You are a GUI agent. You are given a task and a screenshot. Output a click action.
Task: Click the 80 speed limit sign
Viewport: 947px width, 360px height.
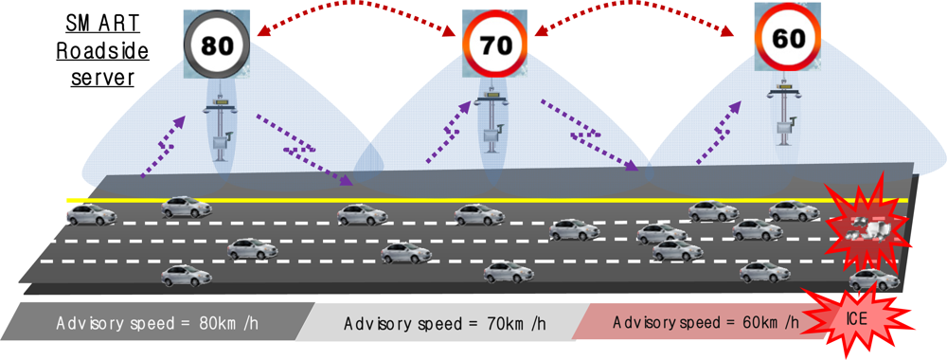tap(217, 43)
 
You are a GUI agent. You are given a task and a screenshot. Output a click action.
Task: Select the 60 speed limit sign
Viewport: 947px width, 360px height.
tap(785, 38)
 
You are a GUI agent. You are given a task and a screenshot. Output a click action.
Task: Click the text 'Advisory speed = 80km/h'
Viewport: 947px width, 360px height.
tap(156, 322)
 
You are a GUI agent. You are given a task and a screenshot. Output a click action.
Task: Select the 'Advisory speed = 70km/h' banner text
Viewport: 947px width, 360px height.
tap(444, 323)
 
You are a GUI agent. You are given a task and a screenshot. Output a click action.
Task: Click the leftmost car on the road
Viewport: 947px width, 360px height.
tap(90, 214)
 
